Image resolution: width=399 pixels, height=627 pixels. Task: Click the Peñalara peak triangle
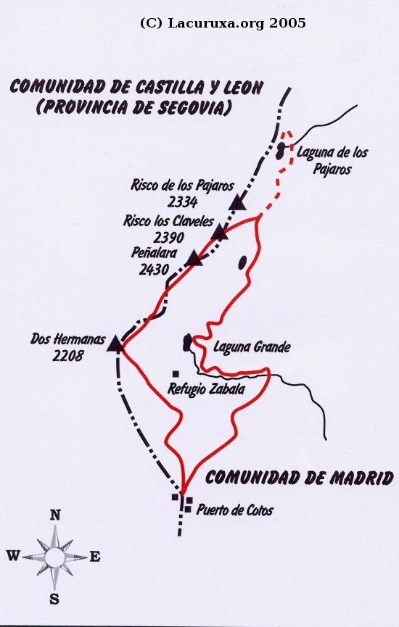click(x=194, y=259)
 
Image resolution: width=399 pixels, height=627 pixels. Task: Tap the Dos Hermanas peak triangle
click(x=115, y=344)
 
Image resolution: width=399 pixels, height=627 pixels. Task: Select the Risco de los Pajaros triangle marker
click(x=237, y=202)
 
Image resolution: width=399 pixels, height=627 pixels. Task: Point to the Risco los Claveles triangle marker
click(x=220, y=232)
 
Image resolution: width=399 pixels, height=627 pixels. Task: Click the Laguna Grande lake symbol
click(x=188, y=341)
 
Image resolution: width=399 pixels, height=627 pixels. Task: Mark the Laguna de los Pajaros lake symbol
click(x=281, y=151)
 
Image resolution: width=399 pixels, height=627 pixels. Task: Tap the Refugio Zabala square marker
click(x=176, y=374)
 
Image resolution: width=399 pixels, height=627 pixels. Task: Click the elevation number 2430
click(x=153, y=269)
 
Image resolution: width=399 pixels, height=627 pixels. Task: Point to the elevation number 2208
click(x=68, y=355)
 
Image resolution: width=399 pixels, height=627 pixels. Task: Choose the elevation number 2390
click(x=169, y=236)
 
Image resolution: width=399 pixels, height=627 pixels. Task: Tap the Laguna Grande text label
click(x=252, y=347)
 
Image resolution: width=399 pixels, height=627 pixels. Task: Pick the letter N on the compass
click(x=54, y=515)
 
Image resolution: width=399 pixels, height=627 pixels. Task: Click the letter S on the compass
click(x=54, y=599)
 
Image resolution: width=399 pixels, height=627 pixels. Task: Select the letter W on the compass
click(x=13, y=556)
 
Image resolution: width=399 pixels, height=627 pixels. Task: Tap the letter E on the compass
click(x=95, y=557)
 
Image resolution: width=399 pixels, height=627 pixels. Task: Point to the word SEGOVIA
click(x=192, y=109)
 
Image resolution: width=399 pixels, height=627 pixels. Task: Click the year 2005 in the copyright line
click(x=287, y=23)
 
